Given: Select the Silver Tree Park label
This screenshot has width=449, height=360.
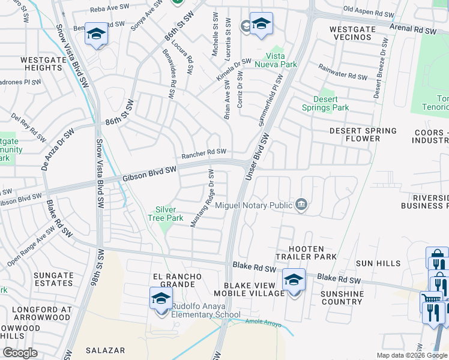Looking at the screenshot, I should [x=165, y=214].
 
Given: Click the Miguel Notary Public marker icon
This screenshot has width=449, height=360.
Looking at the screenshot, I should [x=301, y=205].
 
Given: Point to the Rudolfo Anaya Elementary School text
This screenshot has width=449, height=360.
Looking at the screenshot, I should [x=205, y=310].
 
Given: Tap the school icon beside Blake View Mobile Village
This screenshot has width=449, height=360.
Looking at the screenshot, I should [x=294, y=280].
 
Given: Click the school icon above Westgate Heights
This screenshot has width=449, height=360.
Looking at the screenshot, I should [x=96, y=34].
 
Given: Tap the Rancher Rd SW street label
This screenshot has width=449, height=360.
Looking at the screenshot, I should [x=204, y=152].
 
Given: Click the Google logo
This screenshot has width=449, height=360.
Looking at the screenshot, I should [x=20, y=352].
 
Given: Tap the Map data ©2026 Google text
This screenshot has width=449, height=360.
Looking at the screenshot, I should [x=411, y=355].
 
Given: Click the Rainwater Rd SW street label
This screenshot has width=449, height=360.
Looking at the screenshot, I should [x=342, y=72].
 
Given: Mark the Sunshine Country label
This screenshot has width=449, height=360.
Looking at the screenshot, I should [x=342, y=298].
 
